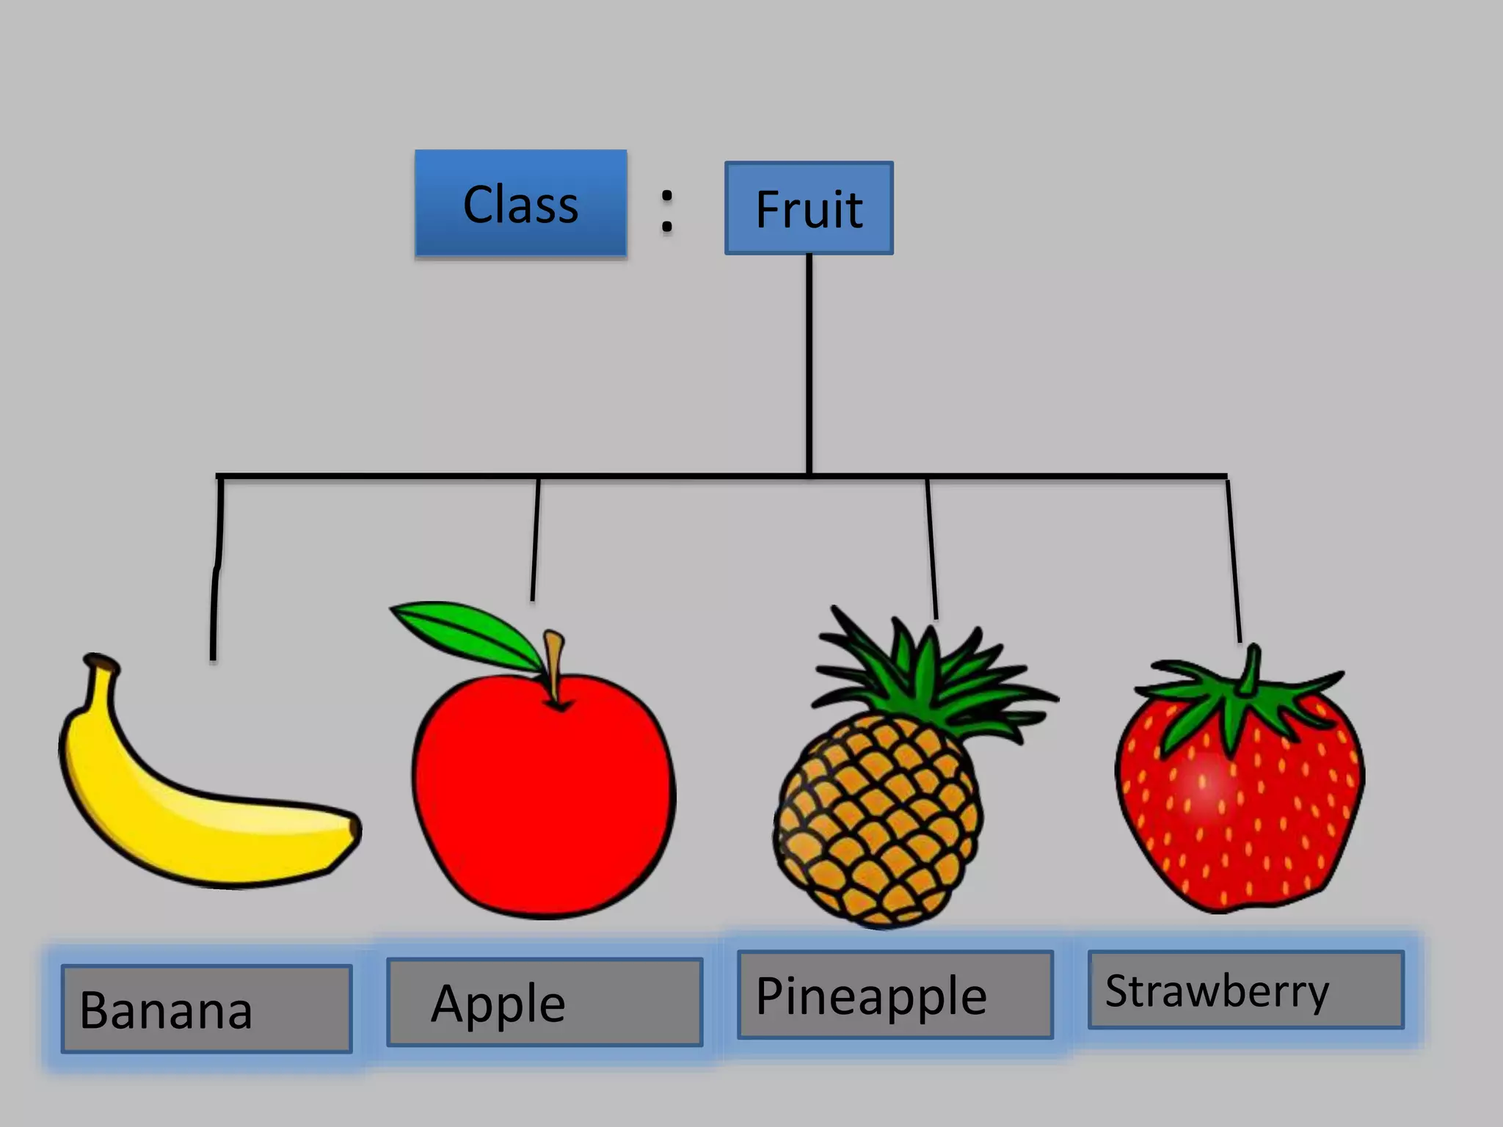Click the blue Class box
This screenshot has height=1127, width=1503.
click(520, 203)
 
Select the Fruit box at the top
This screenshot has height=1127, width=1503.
click(809, 208)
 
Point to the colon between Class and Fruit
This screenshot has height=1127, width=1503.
click(666, 211)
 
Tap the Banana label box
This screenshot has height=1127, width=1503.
click(206, 1009)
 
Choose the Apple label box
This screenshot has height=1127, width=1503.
click(545, 1002)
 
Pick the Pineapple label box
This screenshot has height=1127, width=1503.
click(895, 995)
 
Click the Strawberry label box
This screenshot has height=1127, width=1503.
click(1245, 990)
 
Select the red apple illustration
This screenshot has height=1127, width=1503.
click(543, 800)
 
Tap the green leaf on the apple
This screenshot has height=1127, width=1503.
click(470, 631)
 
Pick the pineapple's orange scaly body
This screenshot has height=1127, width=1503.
click(877, 822)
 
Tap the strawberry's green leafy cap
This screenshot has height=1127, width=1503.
click(1240, 697)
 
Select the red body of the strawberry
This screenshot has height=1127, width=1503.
click(1240, 814)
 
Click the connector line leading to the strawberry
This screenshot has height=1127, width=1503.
click(1234, 558)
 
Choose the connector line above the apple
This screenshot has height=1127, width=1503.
click(536, 539)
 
